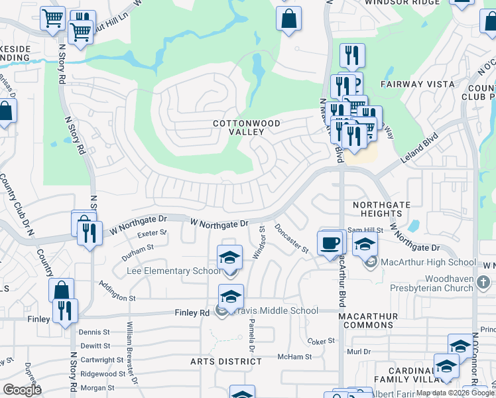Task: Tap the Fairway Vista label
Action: point(418,84)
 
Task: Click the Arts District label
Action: point(222,362)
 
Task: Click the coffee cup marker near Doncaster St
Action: point(330,243)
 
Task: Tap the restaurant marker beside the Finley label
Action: point(65,311)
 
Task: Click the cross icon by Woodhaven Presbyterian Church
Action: point(483,283)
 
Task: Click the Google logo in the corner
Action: point(22,390)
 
